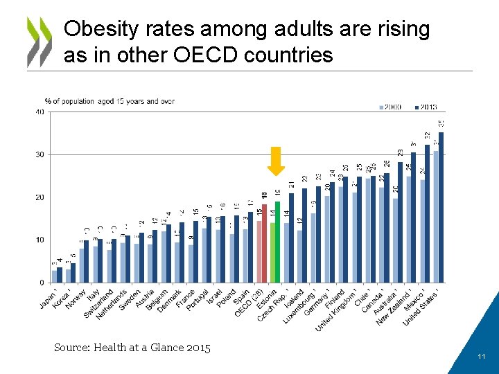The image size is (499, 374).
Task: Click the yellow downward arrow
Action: [276, 161]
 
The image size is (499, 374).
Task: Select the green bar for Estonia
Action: [277, 242]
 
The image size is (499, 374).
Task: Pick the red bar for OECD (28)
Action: [264, 243]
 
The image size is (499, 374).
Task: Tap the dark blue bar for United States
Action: [441, 207]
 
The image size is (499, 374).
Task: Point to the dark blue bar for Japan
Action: [60, 275]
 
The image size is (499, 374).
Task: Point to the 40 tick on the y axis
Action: [40, 112]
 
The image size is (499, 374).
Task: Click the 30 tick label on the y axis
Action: [40, 154]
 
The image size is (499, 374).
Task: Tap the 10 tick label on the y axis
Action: [40, 240]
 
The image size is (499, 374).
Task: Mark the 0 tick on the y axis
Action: [42, 283]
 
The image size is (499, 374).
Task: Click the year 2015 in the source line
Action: [198, 347]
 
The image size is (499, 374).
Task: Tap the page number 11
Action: [480, 356]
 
